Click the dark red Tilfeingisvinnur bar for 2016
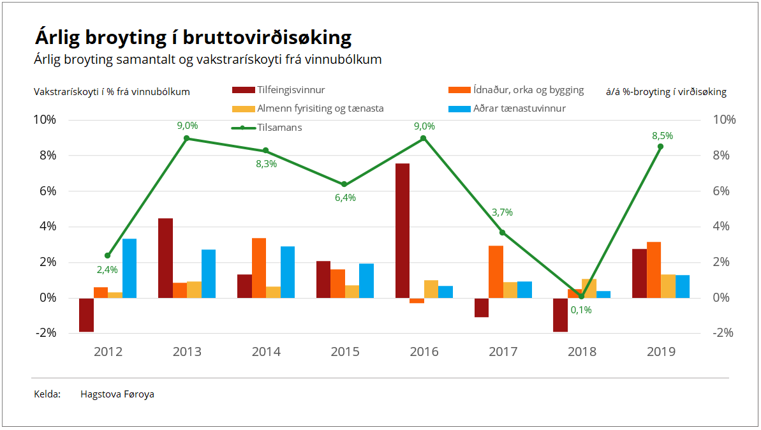[x=403, y=230]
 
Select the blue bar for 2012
[x=129, y=268]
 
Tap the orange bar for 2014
[x=259, y=267]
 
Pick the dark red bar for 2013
[x=165, y=258]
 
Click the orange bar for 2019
[x=654, y=269]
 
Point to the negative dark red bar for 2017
[x=482, y=308]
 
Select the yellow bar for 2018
[x=589, y=288]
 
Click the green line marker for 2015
[x=344, y=184]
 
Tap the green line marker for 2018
[x=581, y=296]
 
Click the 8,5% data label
[x=662, y=136]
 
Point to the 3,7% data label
[x=502, y=212]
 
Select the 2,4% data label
[x=107, y=270]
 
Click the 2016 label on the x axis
[x=424, y=352]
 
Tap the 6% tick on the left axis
[x=45, y=191]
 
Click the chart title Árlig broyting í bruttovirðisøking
[x=193, y=38]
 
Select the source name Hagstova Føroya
[x=117, y=394]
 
